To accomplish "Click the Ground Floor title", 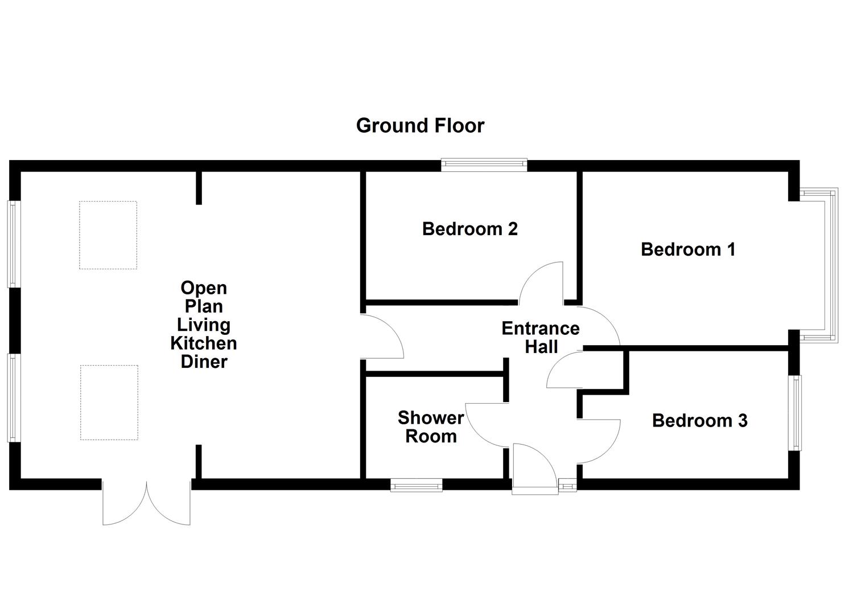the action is coord(420,126).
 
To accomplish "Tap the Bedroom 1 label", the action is coord(688,249).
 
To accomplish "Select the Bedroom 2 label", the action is coord(469,229).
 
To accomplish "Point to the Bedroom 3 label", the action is coord(699,420).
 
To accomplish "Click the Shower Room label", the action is coord(431,427).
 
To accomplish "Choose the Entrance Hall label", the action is coord(541,338).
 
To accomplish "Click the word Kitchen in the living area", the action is coord(204,343).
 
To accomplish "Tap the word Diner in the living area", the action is coord(204,362).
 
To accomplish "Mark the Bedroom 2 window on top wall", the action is coord(484,165).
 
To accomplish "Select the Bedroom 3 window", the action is coord(795,413).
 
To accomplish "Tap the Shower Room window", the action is coord(416,485).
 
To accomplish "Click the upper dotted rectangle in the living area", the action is coord(108,235).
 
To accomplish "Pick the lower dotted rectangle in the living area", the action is coord(109,403).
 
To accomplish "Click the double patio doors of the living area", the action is coord(146,502).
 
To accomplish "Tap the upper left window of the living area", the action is coord(14,244).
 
